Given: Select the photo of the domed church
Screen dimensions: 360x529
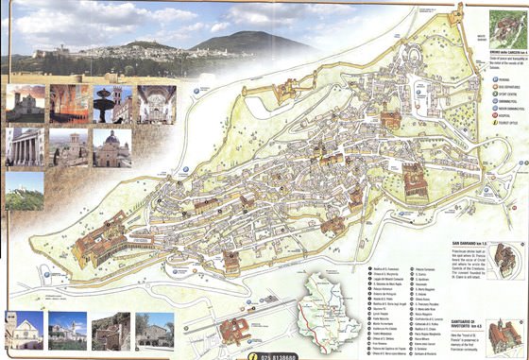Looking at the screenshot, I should (x=111, y=147).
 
